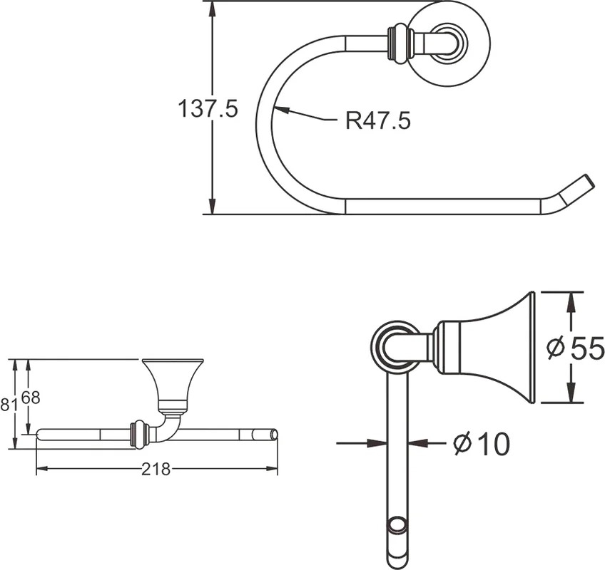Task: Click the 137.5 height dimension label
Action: point(208,108)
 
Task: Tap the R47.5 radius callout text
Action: point(377,120)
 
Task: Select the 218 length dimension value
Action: point(156,469)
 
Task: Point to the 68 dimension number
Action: point(31,398)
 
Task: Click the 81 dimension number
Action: point(9,405)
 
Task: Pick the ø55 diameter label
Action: point(575,348)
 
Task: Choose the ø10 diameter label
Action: point(481,444)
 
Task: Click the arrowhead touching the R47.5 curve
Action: point(281,110)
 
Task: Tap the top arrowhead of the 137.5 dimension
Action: point(212,10)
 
